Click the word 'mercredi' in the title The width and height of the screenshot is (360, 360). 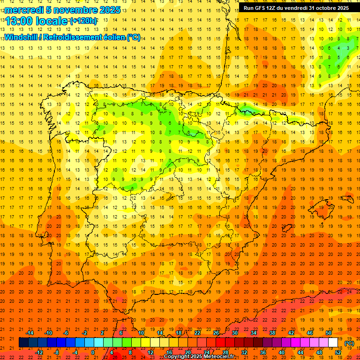tap(24, 10)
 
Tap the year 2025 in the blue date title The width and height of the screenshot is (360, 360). tap(109, 10)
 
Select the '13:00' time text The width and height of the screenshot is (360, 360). tap(19, 21)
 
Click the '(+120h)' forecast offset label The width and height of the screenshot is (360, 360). tap(83, 21)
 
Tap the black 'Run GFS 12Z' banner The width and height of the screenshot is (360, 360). tap(296, 8)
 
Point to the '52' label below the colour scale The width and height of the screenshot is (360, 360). tap(338, 352)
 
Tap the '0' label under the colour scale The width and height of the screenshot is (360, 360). tap(93, 352)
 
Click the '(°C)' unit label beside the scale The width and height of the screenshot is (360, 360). tap(349, 343)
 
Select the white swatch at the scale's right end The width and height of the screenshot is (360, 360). tap(333, 343)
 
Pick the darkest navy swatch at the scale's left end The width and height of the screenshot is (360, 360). tap(23, 343)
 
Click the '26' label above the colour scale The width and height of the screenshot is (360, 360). tap(216, 333)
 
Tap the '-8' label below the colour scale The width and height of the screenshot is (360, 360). tap(56, 352)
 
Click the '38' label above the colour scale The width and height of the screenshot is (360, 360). tap(272, 333)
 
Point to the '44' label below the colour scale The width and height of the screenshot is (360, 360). tap(300, 352)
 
